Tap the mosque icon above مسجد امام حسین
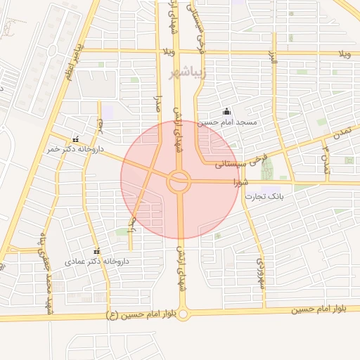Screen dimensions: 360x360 pyautogui.click(x=226, y=111)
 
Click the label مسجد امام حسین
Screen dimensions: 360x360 pyautogui.click(x=227, y=122)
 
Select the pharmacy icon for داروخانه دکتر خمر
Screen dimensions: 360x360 pyautogui.click(x=75, y=139)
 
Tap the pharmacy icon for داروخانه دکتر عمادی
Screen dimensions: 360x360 pyautogui.click(x=96, y=251)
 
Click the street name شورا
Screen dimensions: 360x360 pyautogui.click(x=239, y=181)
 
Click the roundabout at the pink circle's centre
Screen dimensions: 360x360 pyautogui.click(x=179, y=182)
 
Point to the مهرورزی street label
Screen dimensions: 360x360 pyautogui.click(x=259, y=271)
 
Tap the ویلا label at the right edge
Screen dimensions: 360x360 pyautogui.click(x=344, y=54)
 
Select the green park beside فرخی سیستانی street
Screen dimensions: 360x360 pyautogui.click(x=266, y=169)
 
